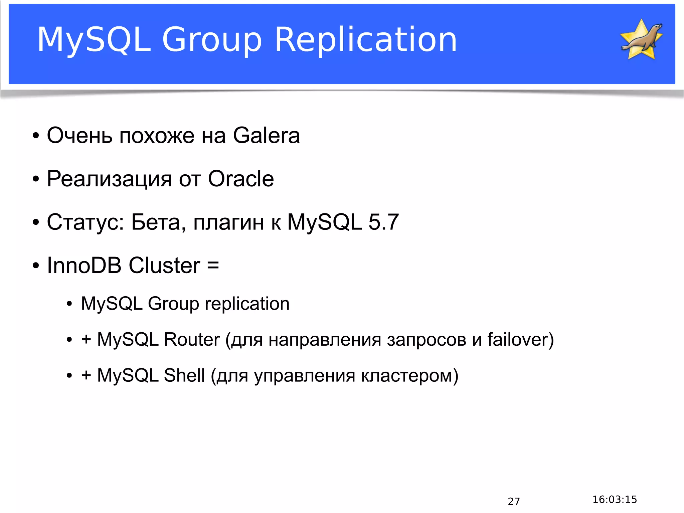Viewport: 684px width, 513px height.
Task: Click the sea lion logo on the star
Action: coord(642,39)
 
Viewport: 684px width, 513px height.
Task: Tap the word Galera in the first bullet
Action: coord(266,136)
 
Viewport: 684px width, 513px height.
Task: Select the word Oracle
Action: coord(241,179)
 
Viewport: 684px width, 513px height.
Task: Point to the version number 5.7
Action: coord(383,222)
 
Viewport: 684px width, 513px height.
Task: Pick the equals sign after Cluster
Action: coord(213,266)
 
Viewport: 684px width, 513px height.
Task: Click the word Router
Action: coord(192,340)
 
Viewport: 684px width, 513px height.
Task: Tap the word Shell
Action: coord(184,375)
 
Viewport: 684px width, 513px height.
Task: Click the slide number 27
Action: coord(514,501)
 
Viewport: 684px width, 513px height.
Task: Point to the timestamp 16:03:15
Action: coord(615,499)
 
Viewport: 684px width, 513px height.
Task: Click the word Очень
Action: coord(79,136)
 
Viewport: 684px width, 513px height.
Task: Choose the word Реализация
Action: coord(109,179)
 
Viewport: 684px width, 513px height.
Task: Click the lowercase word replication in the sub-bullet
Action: coord(247,304)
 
